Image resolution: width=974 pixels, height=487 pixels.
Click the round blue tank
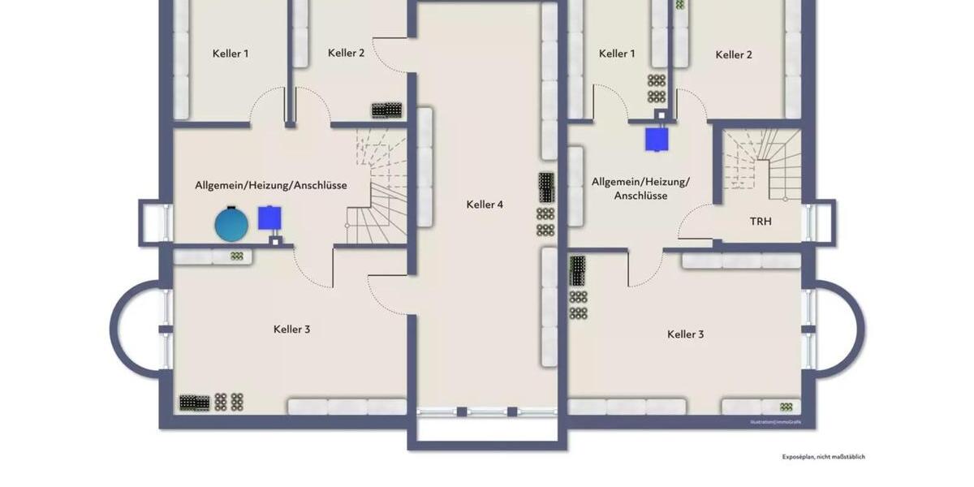pyautogui.click(x=231, y=224)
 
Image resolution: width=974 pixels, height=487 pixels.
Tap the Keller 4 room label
pyautogui.click(x=485, y=205)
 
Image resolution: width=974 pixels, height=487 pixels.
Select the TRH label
pyautogui.click(x=761, y=221)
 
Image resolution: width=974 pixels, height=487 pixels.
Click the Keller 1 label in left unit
pyautogui.click(x=231, y=54)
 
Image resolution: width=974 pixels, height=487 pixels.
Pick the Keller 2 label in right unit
pyautogui.click(x=734, y=54)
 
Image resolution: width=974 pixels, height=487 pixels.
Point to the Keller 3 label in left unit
pyautogui.click(x=291, y=330)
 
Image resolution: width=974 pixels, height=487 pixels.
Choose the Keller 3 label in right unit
pyautogui.click(x=685, y=334)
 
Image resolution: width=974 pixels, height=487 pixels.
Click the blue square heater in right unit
pyautogui.click(x=657, y=139)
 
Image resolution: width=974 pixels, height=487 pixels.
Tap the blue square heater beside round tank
pyautogui.click(x=270, y=218)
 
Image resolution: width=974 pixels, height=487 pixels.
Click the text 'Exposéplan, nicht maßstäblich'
pyautogui.click(x=823, y=457)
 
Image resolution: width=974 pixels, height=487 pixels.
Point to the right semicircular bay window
pyautogui.click(x=838, y=329)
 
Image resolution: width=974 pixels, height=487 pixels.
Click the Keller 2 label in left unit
pyautogui.click(x=346, y=53)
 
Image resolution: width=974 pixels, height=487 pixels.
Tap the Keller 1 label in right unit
pyautogui.click(x=617, y=54)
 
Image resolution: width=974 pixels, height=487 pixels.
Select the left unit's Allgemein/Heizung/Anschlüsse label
pyautogui.click(x=270, y=185)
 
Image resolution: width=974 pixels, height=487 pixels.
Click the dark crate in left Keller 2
pyautogui.click(x=387, y=110)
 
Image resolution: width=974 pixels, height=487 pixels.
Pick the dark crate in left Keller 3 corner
pyautogui.click(x=194, y=402)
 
